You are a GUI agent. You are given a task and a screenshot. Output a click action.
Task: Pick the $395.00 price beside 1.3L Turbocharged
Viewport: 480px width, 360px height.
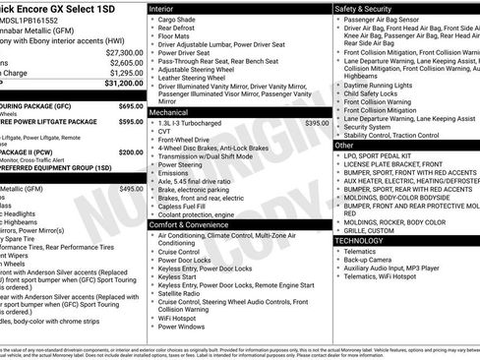pyautogui.click(x=317, y=123)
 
